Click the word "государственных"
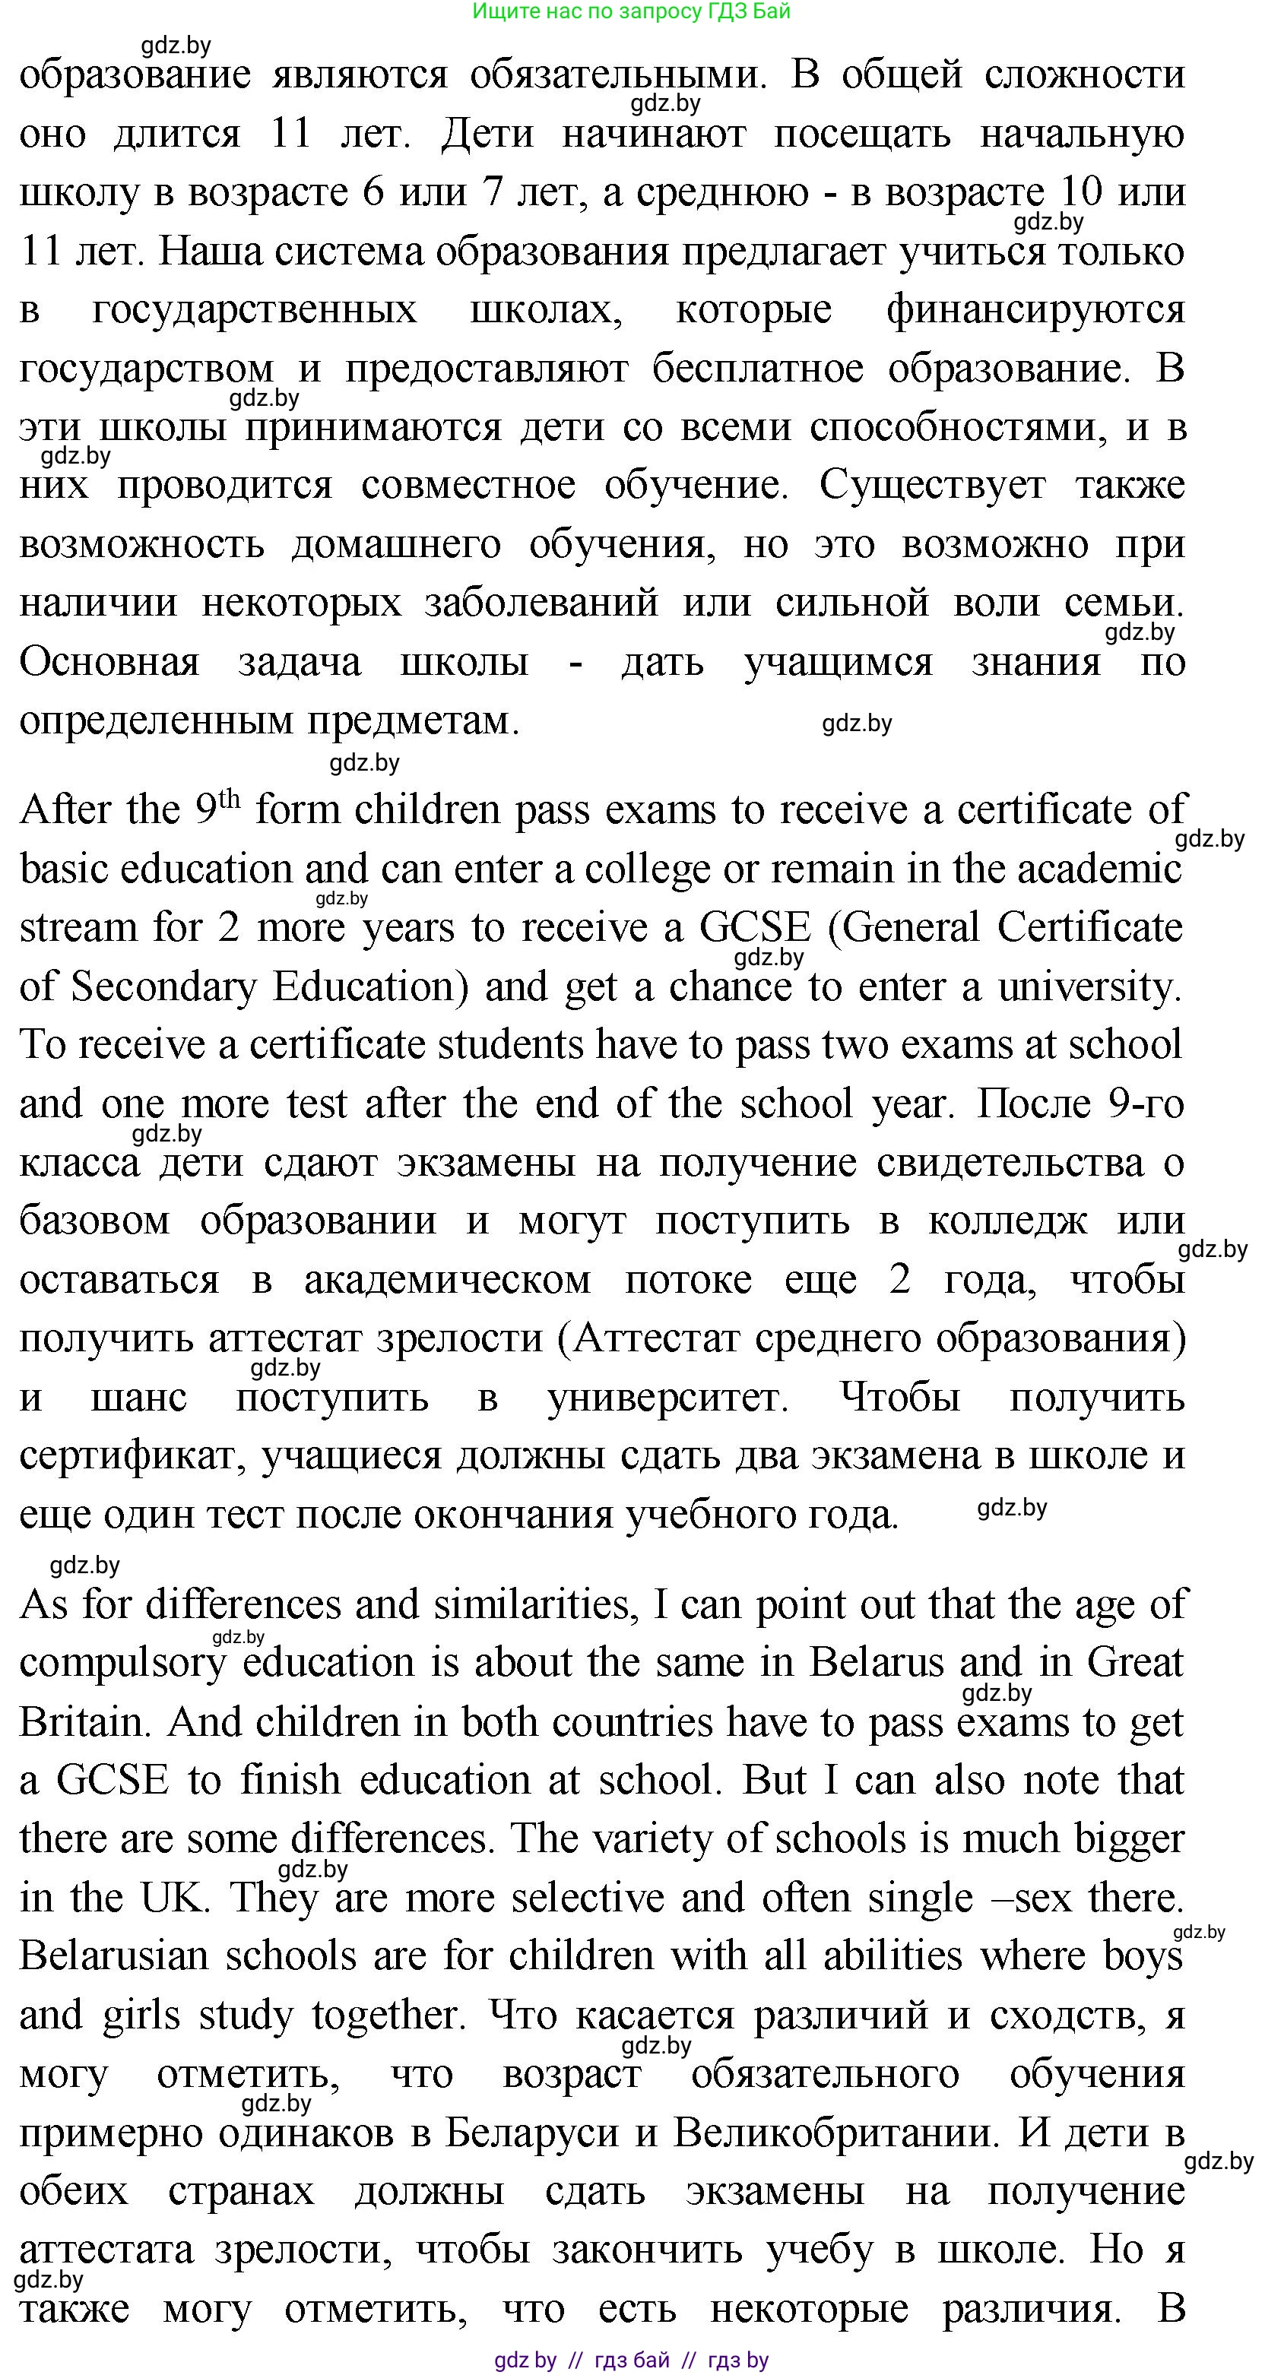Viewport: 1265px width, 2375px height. coord(255,310)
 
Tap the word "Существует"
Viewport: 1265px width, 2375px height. coord(932,485)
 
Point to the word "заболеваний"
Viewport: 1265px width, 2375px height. coord(541,603)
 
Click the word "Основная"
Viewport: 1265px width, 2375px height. coord(109,662)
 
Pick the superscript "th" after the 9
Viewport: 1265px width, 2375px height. coord(229,799)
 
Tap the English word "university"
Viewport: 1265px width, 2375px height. coord(1087,986)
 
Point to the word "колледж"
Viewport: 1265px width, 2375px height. coord(1007,1221)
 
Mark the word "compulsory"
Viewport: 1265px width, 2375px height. coord(122,1663)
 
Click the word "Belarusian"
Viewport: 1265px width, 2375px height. coord(113,1956)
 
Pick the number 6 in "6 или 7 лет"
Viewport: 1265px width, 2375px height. coord(373,192)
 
